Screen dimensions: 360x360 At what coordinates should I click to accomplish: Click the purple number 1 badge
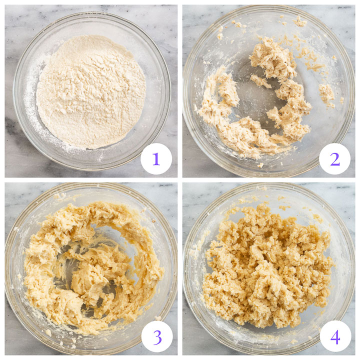[x=156, y=159]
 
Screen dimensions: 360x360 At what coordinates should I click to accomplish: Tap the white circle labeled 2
[x=334, y=159]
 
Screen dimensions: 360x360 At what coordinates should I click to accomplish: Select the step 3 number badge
[x=157, y=336]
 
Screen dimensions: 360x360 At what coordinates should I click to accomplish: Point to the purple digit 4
[x=335, y=336]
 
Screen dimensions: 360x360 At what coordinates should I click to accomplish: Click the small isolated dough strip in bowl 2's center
[x=260, y=80]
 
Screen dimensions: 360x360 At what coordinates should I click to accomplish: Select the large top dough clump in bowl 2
[x=272, y=58]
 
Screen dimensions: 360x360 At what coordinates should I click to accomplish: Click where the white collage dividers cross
[x=179, y=179]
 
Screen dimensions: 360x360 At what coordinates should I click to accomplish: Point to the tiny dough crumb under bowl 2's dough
[x=260, y=165]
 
